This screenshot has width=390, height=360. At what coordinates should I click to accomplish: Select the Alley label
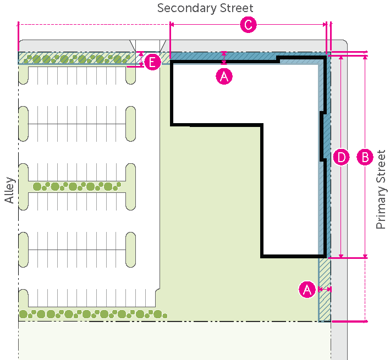(x=9, y=191)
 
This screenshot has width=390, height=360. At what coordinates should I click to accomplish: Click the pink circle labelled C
(x=249, y=25)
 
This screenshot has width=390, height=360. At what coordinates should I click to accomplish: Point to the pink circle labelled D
(x=341, y=157)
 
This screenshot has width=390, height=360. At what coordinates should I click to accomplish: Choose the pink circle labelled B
(x=365, y=157)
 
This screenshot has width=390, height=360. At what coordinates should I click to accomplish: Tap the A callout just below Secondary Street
(x=224, y=76)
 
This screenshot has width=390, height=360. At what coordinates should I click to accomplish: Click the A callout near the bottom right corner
(x=307, y=289)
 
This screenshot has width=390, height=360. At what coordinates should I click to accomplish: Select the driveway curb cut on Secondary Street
(x=147, y=45)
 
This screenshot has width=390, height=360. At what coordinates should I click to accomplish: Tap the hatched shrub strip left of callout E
(x=77, y=58)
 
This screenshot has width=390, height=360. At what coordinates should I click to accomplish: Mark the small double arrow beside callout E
(x=141, y=58)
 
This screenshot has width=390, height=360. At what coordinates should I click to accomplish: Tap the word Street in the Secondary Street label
(x=235, y=8)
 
